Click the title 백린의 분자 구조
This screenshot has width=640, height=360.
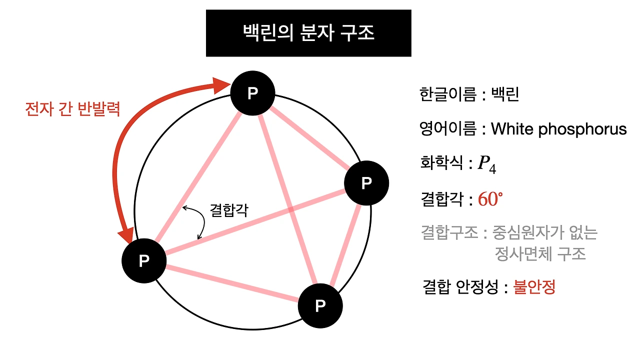pos(308,33)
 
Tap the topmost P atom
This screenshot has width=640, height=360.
pos(252,93)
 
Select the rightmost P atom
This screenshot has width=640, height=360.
pos(366,183)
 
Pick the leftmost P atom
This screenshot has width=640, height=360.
pos(144,260)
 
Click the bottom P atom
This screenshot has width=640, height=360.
pos(320,305)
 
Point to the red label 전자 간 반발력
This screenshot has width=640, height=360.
pos(72,109)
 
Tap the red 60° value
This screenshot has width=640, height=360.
pos(490,199)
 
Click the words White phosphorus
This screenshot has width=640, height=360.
pos(558,129)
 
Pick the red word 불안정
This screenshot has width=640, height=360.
pos(534,287)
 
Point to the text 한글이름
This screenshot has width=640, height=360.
pos(448,94)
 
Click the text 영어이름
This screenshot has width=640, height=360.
pos(448,129)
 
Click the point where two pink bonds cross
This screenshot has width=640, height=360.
pos(291,210)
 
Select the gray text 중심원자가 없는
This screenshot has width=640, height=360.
pos(545,232)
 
